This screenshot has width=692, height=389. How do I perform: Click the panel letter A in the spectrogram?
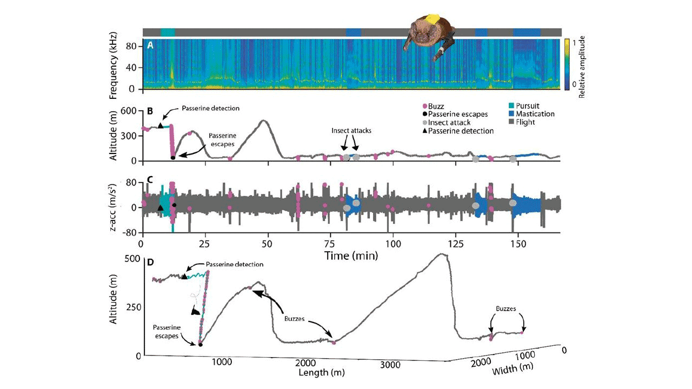click(150, 45)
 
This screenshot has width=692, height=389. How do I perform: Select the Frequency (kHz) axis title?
click(115, 64)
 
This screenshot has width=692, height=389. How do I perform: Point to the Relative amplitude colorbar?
click(567, 64)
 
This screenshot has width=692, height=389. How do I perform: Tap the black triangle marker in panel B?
click(160, 126)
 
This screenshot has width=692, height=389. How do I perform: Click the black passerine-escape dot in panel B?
click(173, 158)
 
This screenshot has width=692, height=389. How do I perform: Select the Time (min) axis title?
click(351, 255)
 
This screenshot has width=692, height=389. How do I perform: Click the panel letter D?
click(150, 263)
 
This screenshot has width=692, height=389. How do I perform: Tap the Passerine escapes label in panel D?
click(167, 332)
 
